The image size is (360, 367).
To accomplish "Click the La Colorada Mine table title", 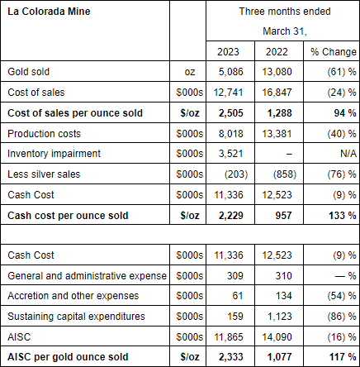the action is (x=49, y=12).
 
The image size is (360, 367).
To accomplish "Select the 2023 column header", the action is (x=228, y=52).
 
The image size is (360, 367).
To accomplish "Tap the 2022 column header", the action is (x=277, y=52).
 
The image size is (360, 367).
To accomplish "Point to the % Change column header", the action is (x=334, y=52).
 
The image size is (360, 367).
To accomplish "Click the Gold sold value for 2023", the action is (x=231, y=72).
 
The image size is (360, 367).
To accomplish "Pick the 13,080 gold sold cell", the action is (x=277, y=72).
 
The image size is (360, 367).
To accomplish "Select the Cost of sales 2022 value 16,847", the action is (x=277, y=93).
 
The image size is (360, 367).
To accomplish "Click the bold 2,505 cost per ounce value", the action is (x=231, y=113).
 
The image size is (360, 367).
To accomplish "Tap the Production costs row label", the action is (x=44, y=134).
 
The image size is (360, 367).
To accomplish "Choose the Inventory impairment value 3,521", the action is (x=231, y=154).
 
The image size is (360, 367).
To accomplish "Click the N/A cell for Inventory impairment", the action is (x=348, y=154).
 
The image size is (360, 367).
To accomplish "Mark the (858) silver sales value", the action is (x=285, y=174).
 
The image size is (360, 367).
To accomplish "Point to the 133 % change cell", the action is (x=343, y=216).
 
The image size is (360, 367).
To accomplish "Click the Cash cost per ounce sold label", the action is (x=68, y=216).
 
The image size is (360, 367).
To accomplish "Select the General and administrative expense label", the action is (x=87, y=276).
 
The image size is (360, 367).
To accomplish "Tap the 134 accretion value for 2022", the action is (x=283, y=296).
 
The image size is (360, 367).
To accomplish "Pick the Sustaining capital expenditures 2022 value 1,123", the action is (x=280, y=317).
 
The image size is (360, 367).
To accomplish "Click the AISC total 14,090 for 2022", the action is (x=277, y=337).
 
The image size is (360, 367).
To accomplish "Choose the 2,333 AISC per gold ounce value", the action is (x=231, y=357).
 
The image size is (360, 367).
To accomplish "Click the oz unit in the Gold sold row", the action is (x=190, y=72).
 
